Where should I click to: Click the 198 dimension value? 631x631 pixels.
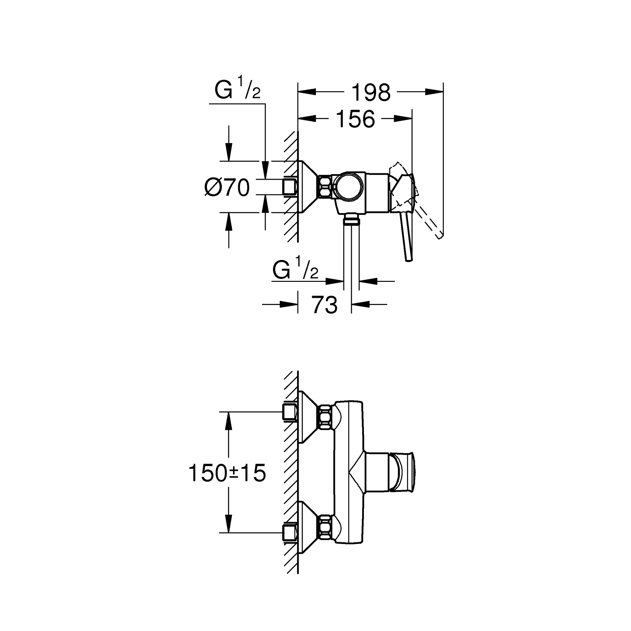click(371, 93)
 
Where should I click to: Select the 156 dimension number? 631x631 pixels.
click(355, 119)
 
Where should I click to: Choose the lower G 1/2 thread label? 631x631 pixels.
click(295, 270)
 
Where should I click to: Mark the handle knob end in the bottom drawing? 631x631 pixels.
click(403, 473)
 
